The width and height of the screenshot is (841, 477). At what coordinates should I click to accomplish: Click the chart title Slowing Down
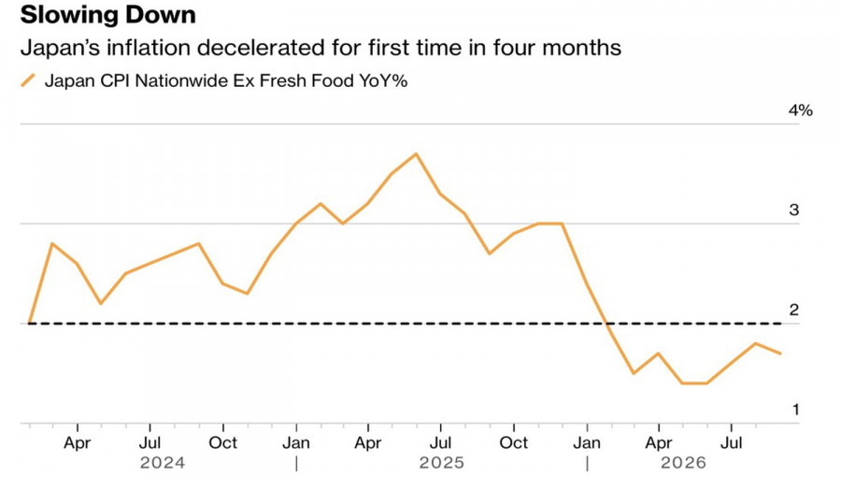(107, 15)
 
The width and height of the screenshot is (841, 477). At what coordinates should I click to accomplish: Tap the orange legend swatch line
(28, 80)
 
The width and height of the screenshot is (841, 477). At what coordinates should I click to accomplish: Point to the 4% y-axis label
(800, 110)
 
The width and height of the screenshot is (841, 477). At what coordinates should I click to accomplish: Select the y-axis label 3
(793, 210)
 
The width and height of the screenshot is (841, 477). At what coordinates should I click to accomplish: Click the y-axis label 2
(793, 310)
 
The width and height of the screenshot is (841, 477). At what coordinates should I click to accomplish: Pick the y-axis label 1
(795, 410)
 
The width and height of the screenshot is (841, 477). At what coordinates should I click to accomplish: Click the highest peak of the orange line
(417, 154)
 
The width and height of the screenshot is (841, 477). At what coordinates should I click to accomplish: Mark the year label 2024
(163, 463)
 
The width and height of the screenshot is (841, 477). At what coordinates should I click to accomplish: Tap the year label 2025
(441, 463)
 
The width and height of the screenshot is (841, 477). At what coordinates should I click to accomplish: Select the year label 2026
(683, 463)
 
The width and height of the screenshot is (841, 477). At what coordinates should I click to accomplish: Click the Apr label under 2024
(78, 443)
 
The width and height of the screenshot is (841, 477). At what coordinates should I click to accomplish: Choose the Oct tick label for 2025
(514, 443)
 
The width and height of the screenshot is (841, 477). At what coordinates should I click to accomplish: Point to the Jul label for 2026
(731, 443)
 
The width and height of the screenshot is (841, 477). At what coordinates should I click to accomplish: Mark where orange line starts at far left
(29, 323)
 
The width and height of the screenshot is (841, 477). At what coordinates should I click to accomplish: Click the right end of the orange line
(780, 353)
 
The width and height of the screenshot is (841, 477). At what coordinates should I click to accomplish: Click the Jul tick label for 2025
(440, 443)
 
